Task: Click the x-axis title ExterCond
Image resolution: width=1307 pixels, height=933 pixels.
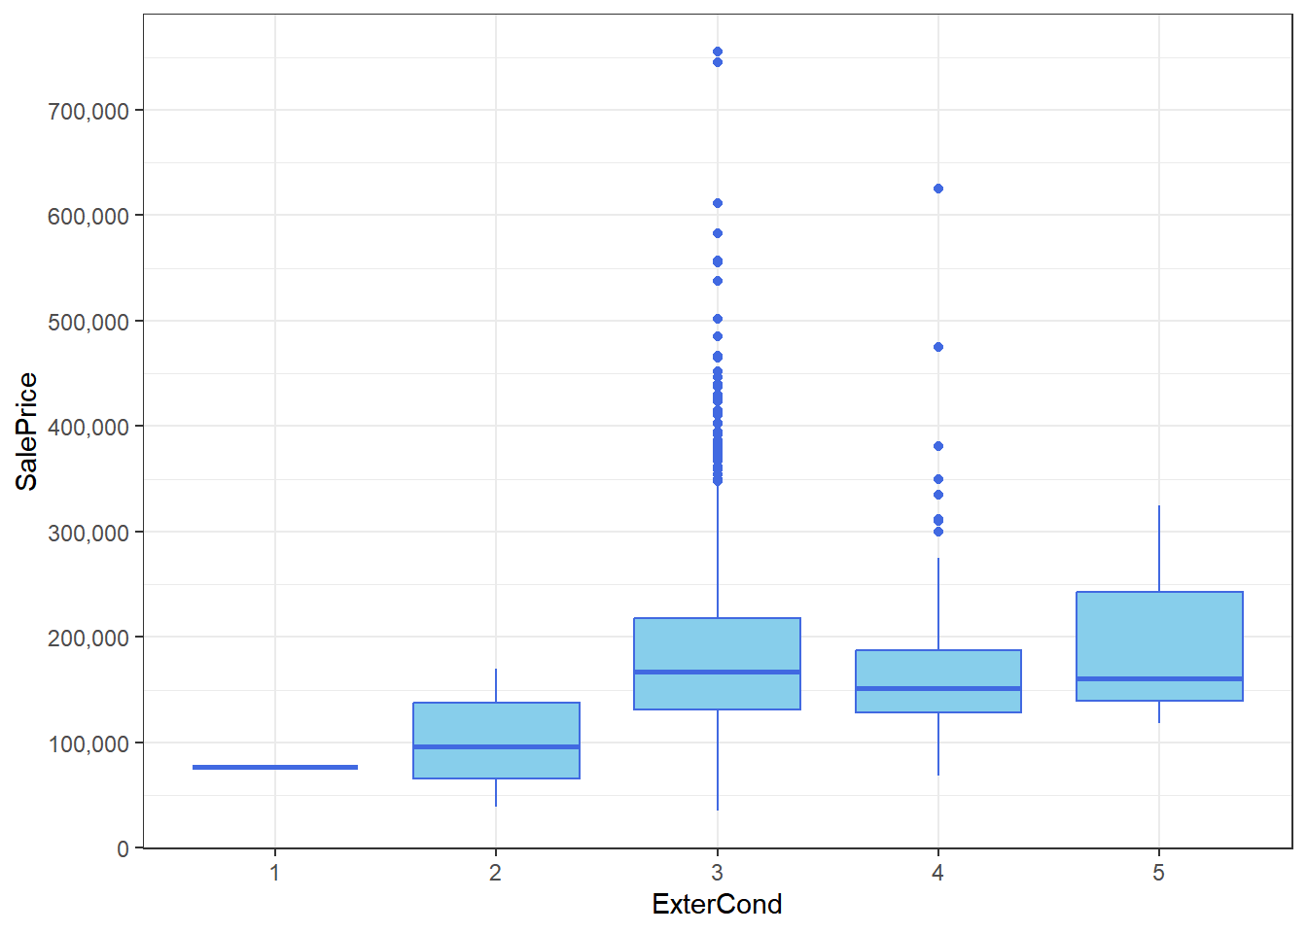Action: point(717,904)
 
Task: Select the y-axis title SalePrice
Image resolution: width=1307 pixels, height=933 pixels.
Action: point(27,432)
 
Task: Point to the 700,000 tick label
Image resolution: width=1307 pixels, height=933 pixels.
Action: point(88,111)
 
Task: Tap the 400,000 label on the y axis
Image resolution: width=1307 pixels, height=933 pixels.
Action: point(88,427)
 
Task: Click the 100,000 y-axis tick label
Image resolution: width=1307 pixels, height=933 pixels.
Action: point(88,743)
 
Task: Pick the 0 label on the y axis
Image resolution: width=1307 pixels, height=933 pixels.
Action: point(123,848)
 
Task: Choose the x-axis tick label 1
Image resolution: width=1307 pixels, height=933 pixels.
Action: point(275,873)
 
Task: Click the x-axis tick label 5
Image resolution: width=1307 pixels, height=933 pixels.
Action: point(1158,873)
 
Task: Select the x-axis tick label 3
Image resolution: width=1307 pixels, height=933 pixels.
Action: point(717,873)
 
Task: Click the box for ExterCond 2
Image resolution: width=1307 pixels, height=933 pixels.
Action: point(496,724)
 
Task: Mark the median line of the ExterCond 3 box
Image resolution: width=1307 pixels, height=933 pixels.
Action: point(717,672)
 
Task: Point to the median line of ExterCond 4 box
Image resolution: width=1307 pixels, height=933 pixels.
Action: point(938,688)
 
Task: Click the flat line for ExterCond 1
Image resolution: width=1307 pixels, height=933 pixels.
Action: point(275,767)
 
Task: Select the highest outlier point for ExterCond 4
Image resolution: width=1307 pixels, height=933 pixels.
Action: point(938,189)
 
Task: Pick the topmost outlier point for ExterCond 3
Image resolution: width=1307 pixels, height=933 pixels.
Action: point(718,52)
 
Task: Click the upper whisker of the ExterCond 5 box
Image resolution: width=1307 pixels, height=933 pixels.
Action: point(1159,549)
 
